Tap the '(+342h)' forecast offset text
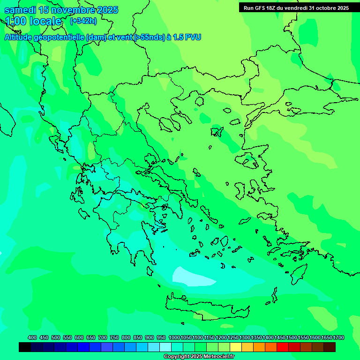click(83, 21)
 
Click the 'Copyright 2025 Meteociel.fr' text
click(199, 356)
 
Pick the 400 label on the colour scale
click(32, 337)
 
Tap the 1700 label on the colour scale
click(338, 337)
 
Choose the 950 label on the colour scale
click(161, 337)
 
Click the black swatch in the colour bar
click(25, 347)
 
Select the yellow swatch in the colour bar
click(236, 347)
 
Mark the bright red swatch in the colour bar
click(283, 347)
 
